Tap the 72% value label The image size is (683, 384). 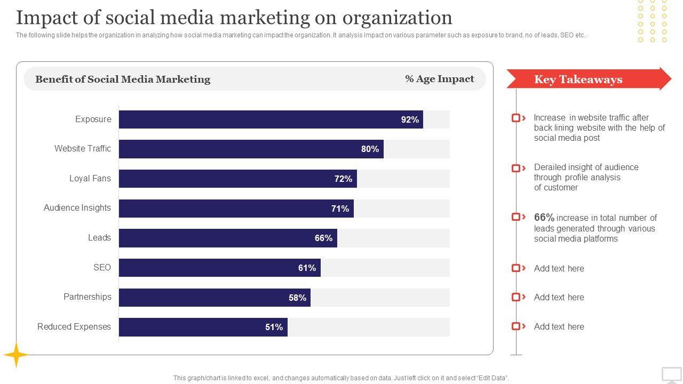(343, 179)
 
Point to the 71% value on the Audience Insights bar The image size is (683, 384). (340, 209)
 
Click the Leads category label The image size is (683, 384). (99, 238)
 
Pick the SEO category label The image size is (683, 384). (102, 267)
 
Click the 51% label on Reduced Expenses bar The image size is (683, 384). (274, 327)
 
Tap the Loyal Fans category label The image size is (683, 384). (90, 178)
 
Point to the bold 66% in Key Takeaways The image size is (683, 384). (544, 217)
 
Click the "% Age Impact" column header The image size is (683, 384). (439, 79)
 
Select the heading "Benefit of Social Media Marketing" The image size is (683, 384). (123, 79)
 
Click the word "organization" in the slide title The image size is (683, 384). (397, 18)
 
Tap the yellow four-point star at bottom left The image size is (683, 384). (16, 355)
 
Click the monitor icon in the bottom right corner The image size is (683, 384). (672, 375)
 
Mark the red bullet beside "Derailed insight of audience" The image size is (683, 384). (516, 168)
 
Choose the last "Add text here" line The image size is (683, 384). (559, 326)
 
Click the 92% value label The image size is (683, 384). (410, 119)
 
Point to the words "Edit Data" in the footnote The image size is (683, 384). (491, 378)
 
